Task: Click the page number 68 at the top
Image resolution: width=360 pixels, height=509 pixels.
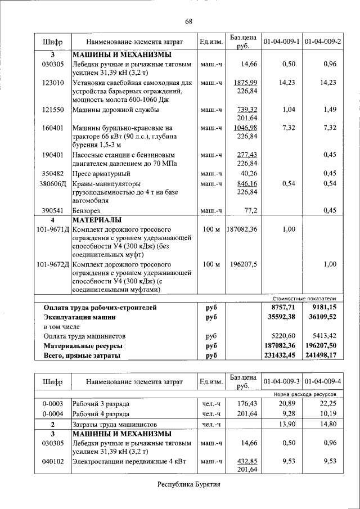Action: pyautogui.click(x=189, y=21)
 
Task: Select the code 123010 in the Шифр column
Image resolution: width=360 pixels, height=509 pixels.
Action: pyautogui.click(x=53, y=83)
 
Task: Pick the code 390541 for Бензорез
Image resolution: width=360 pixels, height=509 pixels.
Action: pyautogui.click(x=53, y=210)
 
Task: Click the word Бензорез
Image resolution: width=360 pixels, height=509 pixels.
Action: pyautogui.click(x=87, y=210)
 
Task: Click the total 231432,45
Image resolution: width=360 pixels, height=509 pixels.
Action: pyautogui.click(x=279, y=355)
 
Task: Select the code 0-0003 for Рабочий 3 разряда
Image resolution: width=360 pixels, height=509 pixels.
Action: pyautogui.click(x=53, y=404)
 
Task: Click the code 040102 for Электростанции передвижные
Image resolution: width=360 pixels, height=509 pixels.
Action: pyautogui.click(x=53, y=461)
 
